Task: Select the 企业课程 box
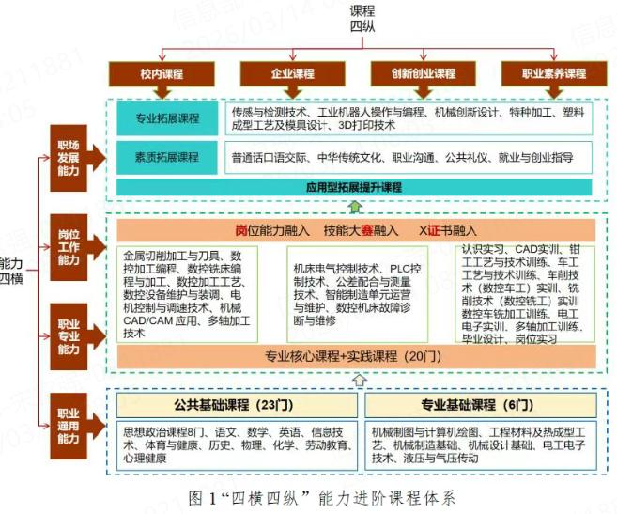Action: pyautogui.click(x=292, y=73)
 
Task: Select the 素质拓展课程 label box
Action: pyautogui.click(x=167, y=157)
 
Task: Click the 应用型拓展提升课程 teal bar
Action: pyautogui.click(x=352, y=186)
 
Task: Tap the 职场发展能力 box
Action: pyautogui.click(x=69, y=158)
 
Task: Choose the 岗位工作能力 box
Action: pyautogui.click(x=69, y=247)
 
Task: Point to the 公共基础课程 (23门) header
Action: pyautogui.click(x=237, y=406)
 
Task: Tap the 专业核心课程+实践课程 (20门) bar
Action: pyautogui.click(x=352, y=356)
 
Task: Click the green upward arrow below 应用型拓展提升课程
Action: pyautogui.click(x=354, y=207)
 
